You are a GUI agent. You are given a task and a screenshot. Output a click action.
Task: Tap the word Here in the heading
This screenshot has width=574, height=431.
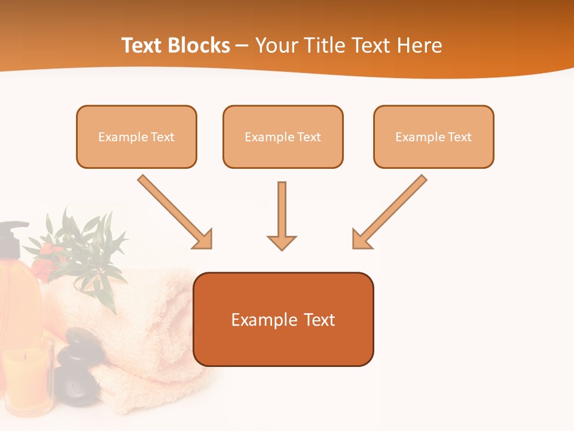click(x=421, y=45)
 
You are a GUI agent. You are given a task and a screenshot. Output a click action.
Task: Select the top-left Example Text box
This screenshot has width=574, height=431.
click(x=136, y=136)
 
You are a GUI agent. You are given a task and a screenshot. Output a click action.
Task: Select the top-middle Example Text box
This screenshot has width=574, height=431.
click(x=283, y=136)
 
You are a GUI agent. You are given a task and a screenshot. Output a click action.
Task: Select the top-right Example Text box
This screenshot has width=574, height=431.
click(x=433, y=136)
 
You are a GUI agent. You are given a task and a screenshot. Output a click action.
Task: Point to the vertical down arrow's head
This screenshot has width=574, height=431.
click(x=282, y=242)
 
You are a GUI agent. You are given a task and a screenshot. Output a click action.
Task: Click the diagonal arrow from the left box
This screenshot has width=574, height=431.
click(x=173, y=211)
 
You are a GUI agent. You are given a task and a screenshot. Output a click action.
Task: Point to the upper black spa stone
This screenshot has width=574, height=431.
click(x=81, y=344)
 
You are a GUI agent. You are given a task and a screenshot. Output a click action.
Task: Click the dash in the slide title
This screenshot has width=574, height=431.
click(x=242, y=45)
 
